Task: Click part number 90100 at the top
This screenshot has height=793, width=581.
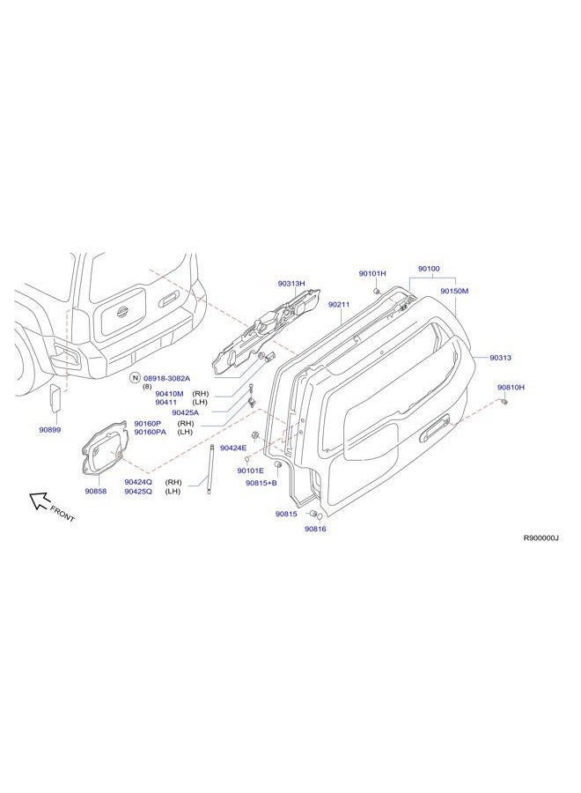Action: point(429,269)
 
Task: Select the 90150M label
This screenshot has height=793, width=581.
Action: point(454,291)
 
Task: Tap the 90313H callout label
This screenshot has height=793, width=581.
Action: point(291,284)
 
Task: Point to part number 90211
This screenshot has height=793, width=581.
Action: point(339,305)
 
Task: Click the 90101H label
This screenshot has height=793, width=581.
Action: point(372,274)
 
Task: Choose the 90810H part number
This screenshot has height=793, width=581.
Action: point(511,388)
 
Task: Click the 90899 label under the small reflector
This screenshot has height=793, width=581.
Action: point(50,430)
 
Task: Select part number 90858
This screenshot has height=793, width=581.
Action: point(95,491)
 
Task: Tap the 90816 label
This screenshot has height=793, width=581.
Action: point(315,529)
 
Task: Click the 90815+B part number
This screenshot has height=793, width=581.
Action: point(261,483)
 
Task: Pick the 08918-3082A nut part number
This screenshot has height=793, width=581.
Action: point(166,378)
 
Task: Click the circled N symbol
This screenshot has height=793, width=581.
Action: point(135,378)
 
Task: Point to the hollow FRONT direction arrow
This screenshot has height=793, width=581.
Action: point(39,500)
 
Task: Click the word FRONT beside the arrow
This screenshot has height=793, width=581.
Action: point(63,514)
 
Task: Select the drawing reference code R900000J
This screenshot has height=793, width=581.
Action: point(541,537)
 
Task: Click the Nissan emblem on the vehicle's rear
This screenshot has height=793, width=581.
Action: point(121,313)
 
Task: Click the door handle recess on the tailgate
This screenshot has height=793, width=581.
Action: point(435,428)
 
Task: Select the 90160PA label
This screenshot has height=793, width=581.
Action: point(150,432)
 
